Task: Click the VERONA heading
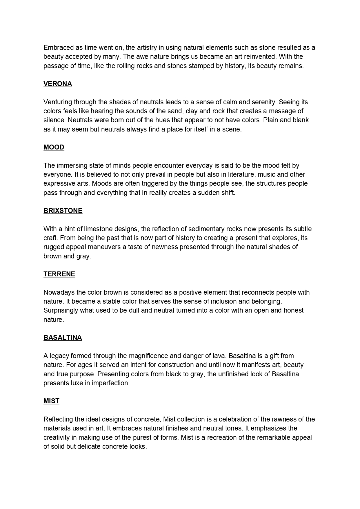58,84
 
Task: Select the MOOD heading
54,147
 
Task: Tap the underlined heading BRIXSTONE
63,211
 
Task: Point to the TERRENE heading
59,274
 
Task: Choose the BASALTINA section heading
63,337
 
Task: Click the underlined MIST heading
51,401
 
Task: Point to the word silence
54,120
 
